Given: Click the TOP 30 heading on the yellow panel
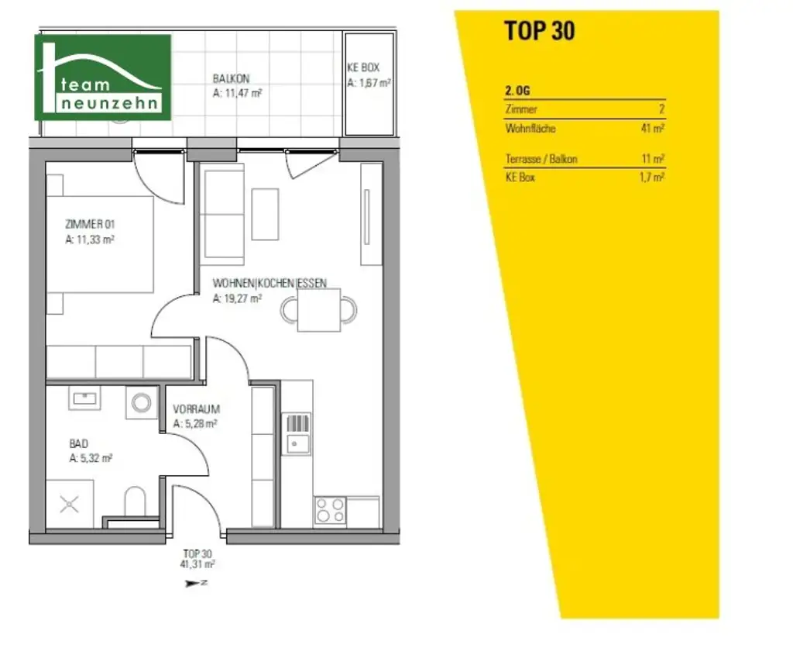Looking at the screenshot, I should click(x=539, y=30).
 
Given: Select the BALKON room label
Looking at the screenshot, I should click(x=232, y=78).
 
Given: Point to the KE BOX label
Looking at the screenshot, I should click(x=362, y=67).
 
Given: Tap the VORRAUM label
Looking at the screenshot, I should click(x=197, y=409).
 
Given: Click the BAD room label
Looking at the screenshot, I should click(x=79, y=443).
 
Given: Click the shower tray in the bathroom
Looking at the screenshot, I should click(x=70, y=505).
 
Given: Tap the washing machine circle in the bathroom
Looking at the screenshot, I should click(x=142, y=402).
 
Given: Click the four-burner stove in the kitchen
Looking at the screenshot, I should click(x=330, y=511).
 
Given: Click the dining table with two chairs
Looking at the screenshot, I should click(x=319, y=310).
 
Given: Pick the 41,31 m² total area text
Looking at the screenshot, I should click(x=197, y=565).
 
